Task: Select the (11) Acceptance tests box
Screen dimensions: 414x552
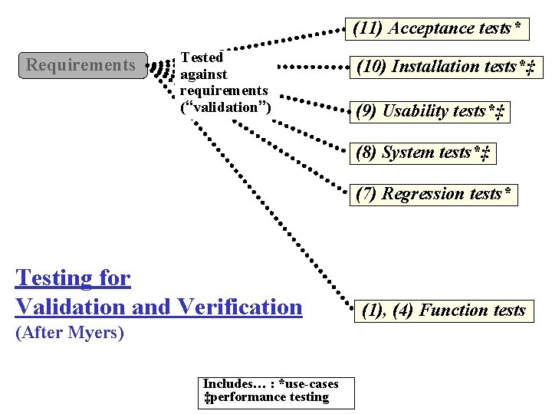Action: coord(439,29)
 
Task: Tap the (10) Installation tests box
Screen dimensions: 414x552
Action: coord(445,67)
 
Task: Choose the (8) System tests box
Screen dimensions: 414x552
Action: coord(422,153)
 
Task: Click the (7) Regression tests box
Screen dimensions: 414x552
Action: coord(433,194)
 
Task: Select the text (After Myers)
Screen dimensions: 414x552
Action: coord(70,333)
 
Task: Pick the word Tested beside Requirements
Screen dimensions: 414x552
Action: coord(201,58)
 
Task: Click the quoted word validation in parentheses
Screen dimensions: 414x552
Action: coord(225,107)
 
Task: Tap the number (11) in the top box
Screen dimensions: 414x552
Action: coord(368,29)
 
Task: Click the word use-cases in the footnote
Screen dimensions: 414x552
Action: coord(312,383)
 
